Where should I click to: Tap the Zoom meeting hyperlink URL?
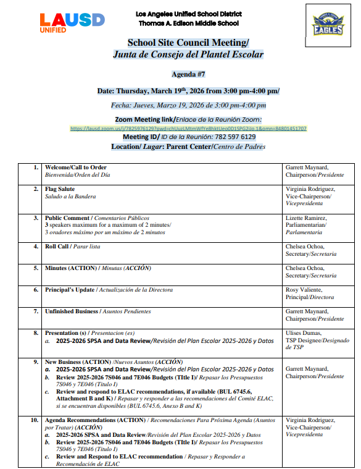[188, 129]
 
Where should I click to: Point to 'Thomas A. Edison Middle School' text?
[188, 23]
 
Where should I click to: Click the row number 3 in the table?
[36, 218]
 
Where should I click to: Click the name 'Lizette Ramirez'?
[306, 218]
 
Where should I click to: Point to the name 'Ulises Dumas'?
[304, 333]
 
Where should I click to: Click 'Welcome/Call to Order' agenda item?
[75, 167]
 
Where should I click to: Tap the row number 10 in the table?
[35, 420]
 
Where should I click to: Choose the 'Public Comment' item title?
[67, 218]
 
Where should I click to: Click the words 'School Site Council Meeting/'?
[188, 43]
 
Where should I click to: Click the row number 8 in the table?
[36, 333]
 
